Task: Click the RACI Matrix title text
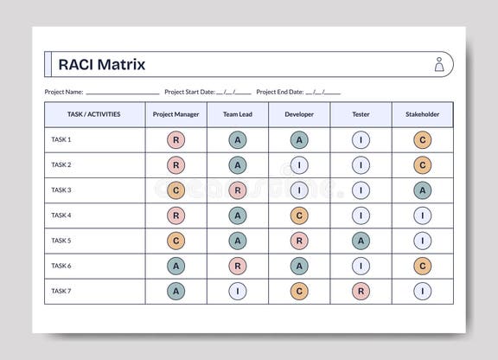point(101,64)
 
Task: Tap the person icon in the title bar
point(439,64)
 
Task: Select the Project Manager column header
point(176,114)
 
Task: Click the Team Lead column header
point(237,114)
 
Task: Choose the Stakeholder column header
point(422,114)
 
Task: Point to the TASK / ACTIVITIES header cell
point(93,114)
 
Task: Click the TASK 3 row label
point(61,190)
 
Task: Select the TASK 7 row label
point(61,291)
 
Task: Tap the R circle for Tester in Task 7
point(361,292)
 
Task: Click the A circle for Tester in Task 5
point(361,241)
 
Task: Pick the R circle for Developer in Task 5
point(299,241)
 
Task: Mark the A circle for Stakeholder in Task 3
point(422,190)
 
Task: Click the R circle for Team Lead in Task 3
point(237,190)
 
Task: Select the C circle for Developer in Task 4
point(299,215)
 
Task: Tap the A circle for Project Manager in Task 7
point(176,292)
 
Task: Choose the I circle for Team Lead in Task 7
point(237,292)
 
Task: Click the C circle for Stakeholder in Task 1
point(422,139)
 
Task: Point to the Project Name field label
point(64,92)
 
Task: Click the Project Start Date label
point(189,92)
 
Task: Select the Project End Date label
point(280,92)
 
